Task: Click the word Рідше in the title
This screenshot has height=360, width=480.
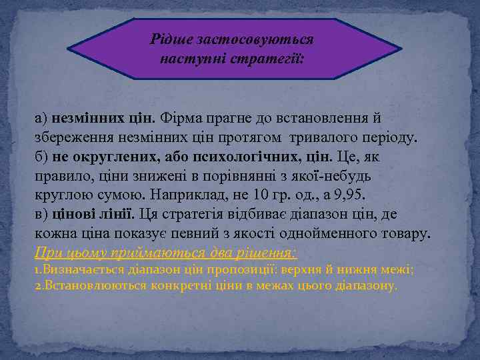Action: [x=171, y=39]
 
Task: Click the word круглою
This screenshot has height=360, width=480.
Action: [x=60, y=196]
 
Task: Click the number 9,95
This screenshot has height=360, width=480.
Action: [x=350, y=196]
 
